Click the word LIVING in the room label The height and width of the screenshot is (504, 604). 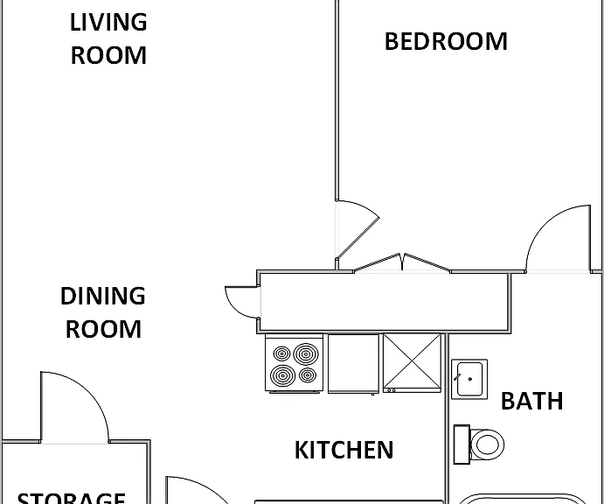coord(108,23)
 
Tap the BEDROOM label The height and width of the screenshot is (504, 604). coord(446,42)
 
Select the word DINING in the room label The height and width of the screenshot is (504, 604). coord(103,296)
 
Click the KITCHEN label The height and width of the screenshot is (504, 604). coord(344,450)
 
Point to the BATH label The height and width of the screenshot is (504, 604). coord(532,401)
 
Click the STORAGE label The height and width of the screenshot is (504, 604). coord(72,498)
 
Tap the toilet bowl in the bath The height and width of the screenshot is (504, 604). coord(487,444)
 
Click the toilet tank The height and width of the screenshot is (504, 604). coord(462,444)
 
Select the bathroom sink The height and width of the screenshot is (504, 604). coord(469,379)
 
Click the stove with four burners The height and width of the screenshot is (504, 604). coord(295,364)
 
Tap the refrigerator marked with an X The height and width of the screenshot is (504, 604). coord(412,363)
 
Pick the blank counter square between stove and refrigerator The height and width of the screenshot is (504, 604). coord(353,364)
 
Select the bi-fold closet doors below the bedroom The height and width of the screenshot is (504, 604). coord(402,262)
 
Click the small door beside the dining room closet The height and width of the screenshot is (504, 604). coord(242,303)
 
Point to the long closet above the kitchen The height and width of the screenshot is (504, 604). coord(384,302)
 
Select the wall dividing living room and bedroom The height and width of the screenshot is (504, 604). coord(337,101)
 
